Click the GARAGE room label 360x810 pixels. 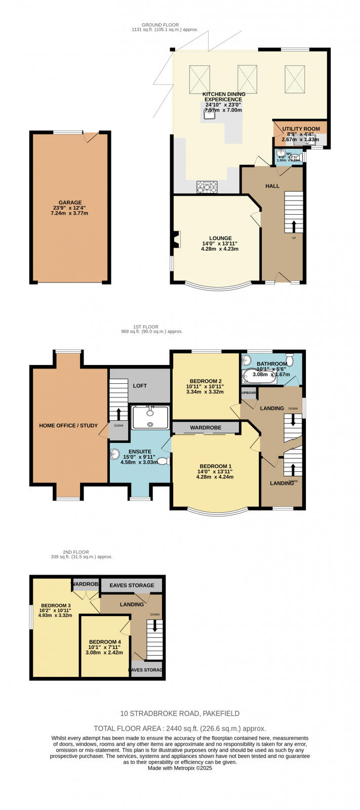pos(70,202)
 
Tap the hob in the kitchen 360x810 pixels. pos(207,187)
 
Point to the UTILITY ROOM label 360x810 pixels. pos(301,129)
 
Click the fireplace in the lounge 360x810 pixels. pos(176,239)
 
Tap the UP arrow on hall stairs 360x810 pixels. pos(294,225)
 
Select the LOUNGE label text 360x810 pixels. pos(220,238)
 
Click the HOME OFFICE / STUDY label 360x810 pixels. pos(68,425)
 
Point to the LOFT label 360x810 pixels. pos(140,386)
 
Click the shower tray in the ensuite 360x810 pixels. pos(150,417)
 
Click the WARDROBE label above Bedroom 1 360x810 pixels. pos(206,428)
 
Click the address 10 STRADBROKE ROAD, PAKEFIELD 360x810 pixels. pos(180,713)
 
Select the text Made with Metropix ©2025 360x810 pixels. pos(180,768)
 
